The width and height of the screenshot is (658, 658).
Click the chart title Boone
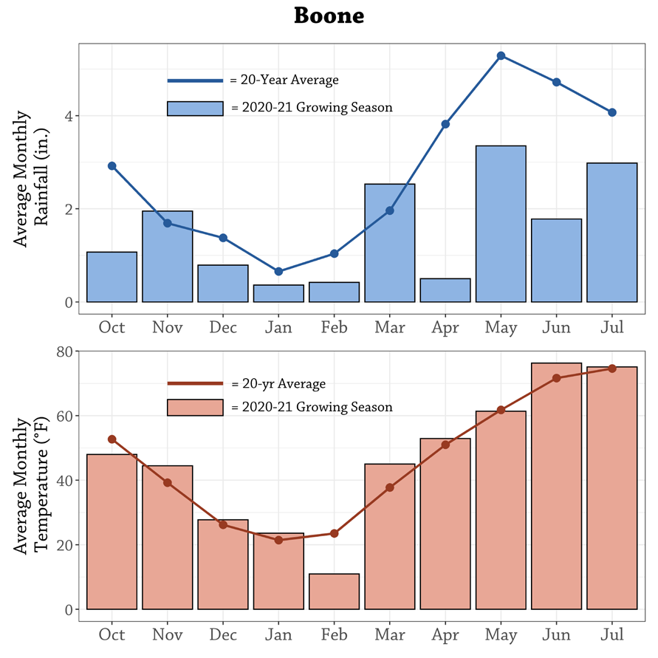329,16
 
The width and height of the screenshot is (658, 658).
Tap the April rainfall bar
445,290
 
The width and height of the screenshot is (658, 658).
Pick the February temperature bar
334,592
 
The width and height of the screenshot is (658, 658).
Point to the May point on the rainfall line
501,56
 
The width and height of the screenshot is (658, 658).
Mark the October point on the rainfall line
112,166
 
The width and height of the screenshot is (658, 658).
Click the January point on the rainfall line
278,272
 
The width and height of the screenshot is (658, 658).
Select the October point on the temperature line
112,439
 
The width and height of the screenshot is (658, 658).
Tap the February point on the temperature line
334,533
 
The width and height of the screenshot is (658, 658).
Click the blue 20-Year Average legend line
195,80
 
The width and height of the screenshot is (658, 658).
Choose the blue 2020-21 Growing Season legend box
195,108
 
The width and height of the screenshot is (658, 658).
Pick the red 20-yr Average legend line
195,383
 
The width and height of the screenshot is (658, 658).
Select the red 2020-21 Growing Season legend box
195,407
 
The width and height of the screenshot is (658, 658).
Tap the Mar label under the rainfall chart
389,326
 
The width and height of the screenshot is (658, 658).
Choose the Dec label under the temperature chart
222,634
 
